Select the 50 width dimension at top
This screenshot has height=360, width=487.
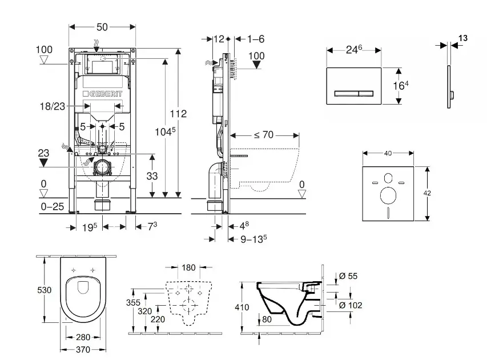(102, 27)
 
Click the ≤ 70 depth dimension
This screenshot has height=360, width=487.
(263, 135)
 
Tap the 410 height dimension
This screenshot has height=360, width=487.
(242, 307)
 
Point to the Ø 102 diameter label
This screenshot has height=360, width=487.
(351, 306)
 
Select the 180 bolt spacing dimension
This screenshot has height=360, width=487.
(188, 267)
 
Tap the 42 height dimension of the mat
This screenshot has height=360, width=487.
(428, 193)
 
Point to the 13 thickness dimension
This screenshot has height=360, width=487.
(462, 38)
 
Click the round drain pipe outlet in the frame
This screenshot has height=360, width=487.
(102, 167)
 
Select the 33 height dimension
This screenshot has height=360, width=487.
(151, 177)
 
